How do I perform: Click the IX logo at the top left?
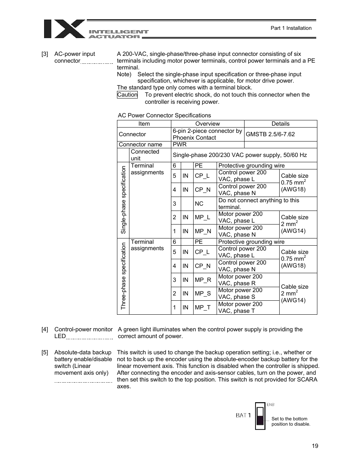(x=65, y=29)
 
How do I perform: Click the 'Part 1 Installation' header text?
(x=291, y=28)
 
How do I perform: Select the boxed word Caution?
(x=127, y=95)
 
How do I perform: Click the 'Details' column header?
(x=280, y=124)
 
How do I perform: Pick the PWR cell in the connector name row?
(x=180, y=145)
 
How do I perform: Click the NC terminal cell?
(x=199, y=204)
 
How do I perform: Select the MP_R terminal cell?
(x=203, y=280)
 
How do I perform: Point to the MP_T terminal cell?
(x=203, y=308)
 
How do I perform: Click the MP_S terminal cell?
(x=203, y=294)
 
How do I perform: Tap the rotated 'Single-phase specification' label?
(x=123, y=200)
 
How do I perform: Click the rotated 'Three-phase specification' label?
(x=123, y=276)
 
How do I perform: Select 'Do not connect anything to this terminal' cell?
(x=259, y=204)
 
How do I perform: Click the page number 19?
(x=315, y=446)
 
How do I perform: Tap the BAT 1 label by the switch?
(x=243, y=415)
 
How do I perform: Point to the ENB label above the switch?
(x=271, y=404)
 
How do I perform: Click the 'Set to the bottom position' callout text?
(x=291, y=421)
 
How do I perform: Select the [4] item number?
(x=45, y=329)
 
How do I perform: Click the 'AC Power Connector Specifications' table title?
(x=165, y=115)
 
